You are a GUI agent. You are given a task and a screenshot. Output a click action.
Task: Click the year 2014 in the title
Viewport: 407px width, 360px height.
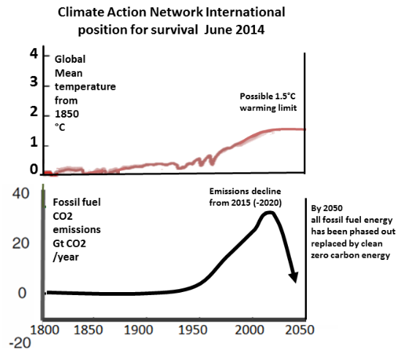pos(250,29)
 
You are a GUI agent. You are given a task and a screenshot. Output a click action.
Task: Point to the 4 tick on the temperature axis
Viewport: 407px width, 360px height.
pos(34,54)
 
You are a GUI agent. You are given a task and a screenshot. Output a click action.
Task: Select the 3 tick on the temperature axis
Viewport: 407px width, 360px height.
pos(34,82)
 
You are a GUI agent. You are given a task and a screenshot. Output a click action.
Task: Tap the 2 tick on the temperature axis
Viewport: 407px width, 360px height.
pos(34,112)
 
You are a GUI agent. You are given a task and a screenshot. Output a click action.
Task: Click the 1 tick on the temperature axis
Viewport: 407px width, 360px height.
pos(34,142)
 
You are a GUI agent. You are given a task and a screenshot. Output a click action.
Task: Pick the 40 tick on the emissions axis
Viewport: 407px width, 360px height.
pos(20,194)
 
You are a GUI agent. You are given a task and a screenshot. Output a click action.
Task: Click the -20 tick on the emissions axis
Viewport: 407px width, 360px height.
pos(20,343)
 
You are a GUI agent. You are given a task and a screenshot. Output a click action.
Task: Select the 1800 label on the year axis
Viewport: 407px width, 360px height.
pos(45,330)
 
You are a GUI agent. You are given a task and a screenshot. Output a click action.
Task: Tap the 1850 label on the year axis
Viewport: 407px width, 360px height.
pos(88,330)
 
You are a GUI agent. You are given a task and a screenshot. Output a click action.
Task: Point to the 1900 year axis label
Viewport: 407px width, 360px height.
pos(138,330)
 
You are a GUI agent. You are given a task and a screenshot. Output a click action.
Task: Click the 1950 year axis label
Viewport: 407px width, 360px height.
pos(193,330)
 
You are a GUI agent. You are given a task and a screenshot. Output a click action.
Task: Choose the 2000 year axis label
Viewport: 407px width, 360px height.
pos(249,330)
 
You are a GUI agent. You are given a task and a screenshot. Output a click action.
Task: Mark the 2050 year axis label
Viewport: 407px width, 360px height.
pos(300,330)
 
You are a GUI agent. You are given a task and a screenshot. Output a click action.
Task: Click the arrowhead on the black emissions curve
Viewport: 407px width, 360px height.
pos(294,277)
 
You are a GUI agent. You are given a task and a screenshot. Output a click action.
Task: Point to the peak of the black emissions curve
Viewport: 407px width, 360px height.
pos(269,213)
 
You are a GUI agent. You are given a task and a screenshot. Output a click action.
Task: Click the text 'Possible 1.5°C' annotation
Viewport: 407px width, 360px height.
pos(267,96)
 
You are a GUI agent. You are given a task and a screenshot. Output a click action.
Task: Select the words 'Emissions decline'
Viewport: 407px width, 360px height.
pos(245,191)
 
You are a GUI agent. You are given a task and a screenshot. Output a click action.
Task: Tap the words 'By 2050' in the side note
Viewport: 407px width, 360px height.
pos(327,208)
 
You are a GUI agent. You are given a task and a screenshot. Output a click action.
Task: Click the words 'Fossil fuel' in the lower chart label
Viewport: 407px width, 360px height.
pos(77,202)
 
